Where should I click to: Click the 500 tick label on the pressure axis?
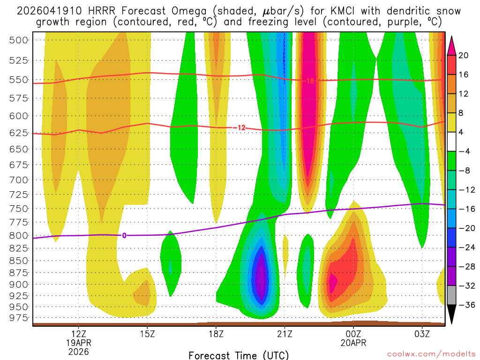(x=19, y=40)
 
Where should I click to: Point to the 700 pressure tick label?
(x=19, y=180)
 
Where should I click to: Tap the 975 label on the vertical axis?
(x=19, y=318)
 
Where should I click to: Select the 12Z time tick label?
(x=78, y=334)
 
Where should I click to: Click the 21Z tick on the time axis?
(x=285, y=334)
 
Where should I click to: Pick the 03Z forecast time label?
(x=422, y=334)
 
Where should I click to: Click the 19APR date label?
(x=78, y=342)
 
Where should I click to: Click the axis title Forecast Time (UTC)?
(x=239, y=355)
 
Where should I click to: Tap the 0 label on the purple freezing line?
(x=124, y=235)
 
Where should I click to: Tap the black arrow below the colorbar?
(x=452, y=314)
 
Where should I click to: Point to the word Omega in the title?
(x=157, y=11)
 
